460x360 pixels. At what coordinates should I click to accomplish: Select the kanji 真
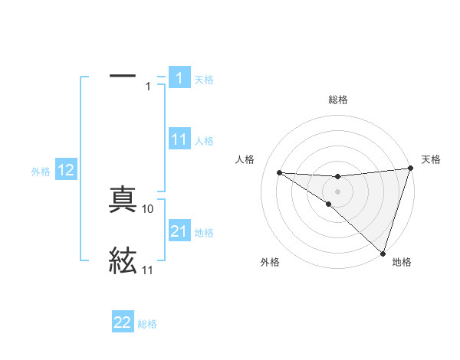pyautogui.click(x=123, y=201)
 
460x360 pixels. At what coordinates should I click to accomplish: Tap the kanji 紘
pyautogui.click(x=123, y=260)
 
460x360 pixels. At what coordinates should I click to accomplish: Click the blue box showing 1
pyautogui.click(x=179, y=78)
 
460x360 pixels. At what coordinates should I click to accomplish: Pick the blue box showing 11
pyautogui.click(x=179, y=139)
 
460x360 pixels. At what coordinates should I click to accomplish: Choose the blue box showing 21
pyautogui.click(x=179, y=231)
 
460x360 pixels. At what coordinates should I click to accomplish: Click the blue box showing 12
pyautogui.click(x=66, y=171)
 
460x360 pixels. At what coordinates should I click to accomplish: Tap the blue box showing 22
pyautogui.click(x=123, y=322)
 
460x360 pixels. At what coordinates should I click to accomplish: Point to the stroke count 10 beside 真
pyautogui.click(x=148, y=208)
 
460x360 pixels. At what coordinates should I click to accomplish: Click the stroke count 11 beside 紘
pyautogui.click(x=147, y=270)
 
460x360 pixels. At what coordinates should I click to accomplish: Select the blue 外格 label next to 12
pyautogui.click(x=41, y=172)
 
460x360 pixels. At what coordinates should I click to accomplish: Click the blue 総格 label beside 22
pyautogui.click(x=147, y=324)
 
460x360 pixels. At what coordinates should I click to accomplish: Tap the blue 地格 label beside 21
pyautogui.click(x=204, y=233)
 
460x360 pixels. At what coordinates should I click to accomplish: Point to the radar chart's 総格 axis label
pyautogui.click(x=337, y=100)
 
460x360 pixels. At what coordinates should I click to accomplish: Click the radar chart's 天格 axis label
pyautogui.click(x=431, y=159)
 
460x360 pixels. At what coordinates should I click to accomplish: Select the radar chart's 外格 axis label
pyautogui.click(x=270, y=262)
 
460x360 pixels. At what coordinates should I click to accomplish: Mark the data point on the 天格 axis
pyautogui.click(x=410, y=169)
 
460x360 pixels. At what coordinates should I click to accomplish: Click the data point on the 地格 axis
pyautogui.click(x=383, y=252)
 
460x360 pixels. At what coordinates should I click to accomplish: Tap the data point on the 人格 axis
pyautogui.click(x=279, y=172)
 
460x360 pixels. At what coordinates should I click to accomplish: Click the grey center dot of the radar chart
pyautogui.click(x=337, y=191)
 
